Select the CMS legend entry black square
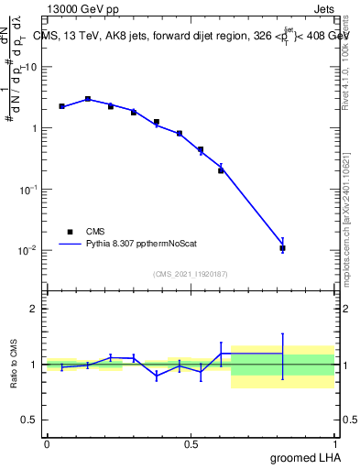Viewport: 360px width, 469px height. pyautogui.click(x=70, y=232)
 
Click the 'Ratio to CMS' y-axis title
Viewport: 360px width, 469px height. pyautogui.click(x=14, y=364)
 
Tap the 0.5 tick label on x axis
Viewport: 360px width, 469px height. pyautogui.click(x=191, y=443)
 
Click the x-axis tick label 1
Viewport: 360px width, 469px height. pyautogui.click(x=335, y=443)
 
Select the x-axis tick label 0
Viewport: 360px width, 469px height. pyautogui.click(x=47, y=443)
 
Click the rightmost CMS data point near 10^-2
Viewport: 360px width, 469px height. pyautogui.click(x=282, y=248)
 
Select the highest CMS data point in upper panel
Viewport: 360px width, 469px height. pyautogui.click(x=88, y=99)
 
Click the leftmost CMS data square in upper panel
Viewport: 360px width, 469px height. pyautogui.click(x=61, y=106)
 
